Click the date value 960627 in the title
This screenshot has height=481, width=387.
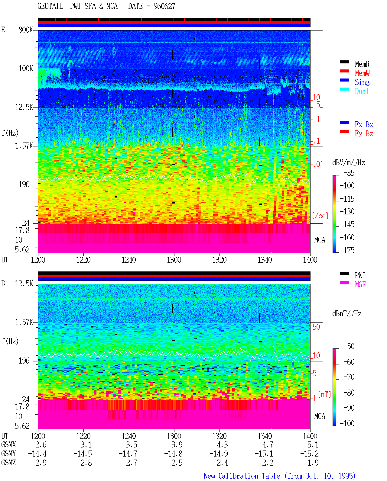pyautogui.click(x=164, y=6)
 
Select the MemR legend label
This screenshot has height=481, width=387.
pyautogui.click(x=362, y=64)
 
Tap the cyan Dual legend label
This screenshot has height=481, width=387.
pyautogui.click(x=362, y=91)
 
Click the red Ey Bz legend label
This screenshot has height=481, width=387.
pyautogui.click(x=364, y=133)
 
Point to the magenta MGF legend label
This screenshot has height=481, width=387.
pyautogui.click(x=360, y=284)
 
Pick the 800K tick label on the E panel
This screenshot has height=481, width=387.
pyautogui.click(x=26, y=30)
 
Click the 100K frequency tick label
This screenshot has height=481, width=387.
pyautogui.click(x=26, y=69)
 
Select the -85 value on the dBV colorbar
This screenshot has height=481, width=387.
pyautogui.click(x=349, y=173)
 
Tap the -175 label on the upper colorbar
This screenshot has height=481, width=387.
pyautogui.click(x=347, y=250)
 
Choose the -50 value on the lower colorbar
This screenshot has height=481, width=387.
pyautogui.click(x=349, y=346)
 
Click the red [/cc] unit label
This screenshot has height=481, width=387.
pyautogui.click(x=320, y=216)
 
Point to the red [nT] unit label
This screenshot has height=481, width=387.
pyautogui.click(x=324, y=394)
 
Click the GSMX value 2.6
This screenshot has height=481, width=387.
pyautogui.click(x=41, y=444)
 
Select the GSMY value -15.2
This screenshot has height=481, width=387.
pyautogui.click(x=310, y=454)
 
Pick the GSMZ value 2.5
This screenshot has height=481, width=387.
pyautogui.click(x=177, y=463)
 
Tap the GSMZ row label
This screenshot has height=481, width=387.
pyautogui.click(x=8, y=463)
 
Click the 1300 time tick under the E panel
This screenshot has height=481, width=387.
pyautogui.click(x=174, y=260)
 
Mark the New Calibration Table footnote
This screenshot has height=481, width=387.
pyautogui.click(x=279, y=476)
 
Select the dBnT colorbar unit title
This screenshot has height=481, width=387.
pyautogui.click(x=347, y=314)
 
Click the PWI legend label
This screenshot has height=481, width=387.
pyautogui.click(x=360, y=275)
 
